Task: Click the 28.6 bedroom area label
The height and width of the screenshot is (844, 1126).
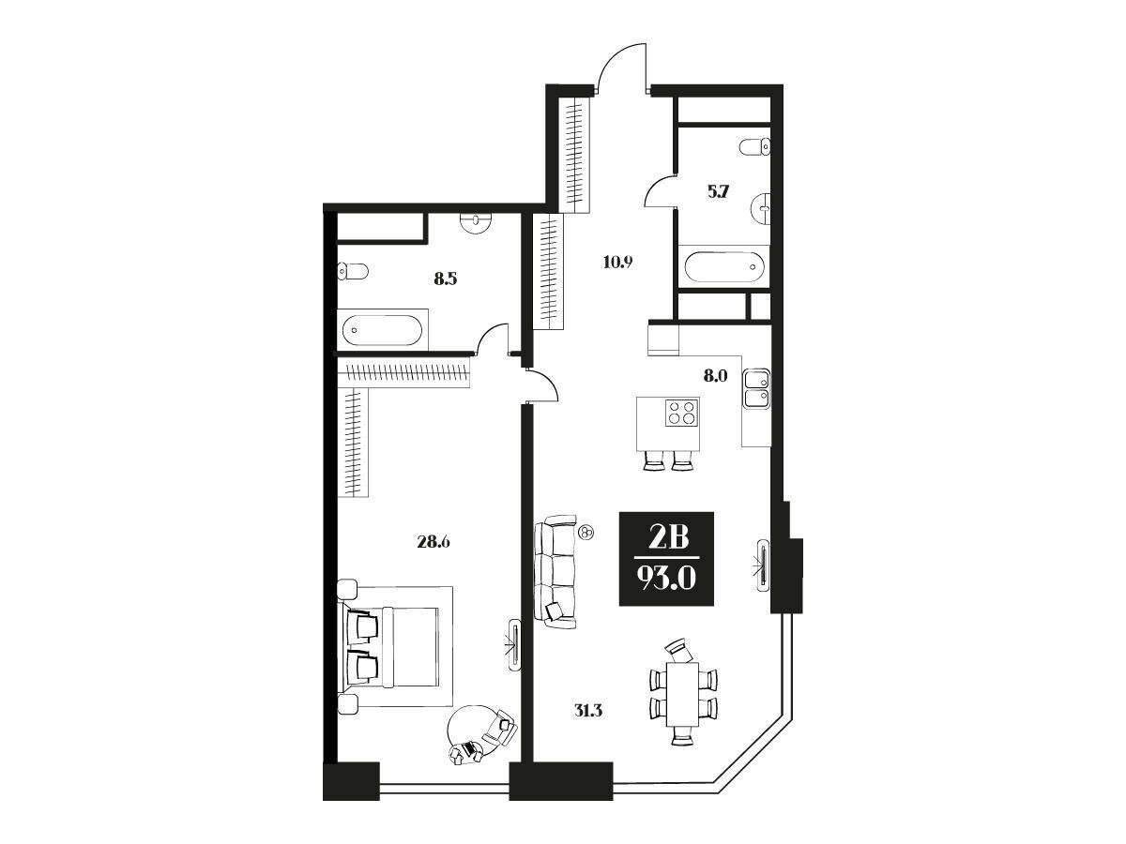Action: click(x=433, y=542)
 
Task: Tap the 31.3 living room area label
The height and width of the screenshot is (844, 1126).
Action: click(x=586, y=711)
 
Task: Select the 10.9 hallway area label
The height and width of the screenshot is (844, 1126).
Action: click(x=617, y=263)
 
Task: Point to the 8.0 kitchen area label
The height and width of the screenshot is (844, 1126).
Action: click(x=715, y=376)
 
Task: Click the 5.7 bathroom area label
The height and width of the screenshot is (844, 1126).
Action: click(x=718, y=192)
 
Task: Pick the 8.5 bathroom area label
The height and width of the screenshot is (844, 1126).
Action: click(x=446, y=279)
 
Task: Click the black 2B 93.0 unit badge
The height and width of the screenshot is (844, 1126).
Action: click(x=666, y=559)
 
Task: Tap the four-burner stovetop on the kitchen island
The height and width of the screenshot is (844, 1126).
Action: click(x=682, y=413)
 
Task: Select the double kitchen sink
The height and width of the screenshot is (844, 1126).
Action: click(x=756, y=388)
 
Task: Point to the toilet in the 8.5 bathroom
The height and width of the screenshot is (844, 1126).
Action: click(x=353, y=271)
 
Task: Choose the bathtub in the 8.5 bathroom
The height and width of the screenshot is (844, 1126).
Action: click(x=382, y=330)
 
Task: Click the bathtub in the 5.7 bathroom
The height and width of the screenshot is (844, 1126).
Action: click(x=723, y=267)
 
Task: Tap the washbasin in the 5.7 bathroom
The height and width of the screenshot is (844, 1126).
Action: click(x=760, y=208)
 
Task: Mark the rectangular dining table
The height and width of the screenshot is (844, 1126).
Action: click(x=683, y=701)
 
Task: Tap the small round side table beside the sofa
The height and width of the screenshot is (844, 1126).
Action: click(x=586, y=533)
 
